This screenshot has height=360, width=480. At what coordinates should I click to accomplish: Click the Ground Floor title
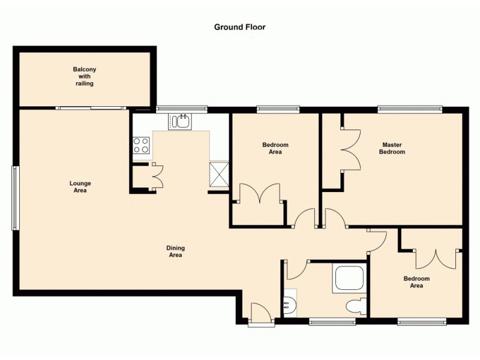click(239, 27)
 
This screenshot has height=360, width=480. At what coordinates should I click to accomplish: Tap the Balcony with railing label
click(85, 76)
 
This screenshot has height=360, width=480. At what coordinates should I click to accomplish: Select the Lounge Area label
click(80, 187)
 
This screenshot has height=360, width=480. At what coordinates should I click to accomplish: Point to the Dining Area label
click(176, 251)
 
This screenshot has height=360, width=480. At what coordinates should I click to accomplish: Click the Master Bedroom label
click(392, 148)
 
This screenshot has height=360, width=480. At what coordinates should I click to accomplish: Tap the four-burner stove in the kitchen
click(141, 145)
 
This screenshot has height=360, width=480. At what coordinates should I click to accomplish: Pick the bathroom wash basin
click(289, 305)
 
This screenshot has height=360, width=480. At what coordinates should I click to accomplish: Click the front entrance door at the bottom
click(261, 313)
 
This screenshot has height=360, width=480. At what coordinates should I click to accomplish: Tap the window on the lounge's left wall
click(16, 199)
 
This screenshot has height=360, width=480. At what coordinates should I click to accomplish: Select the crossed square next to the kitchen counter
click(219, 175)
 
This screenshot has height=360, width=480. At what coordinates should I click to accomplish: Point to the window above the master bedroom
click(410, 109)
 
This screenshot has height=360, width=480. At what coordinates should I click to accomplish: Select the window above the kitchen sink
click(181, 109)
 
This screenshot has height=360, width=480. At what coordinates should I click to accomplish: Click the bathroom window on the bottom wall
click(332, 322)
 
